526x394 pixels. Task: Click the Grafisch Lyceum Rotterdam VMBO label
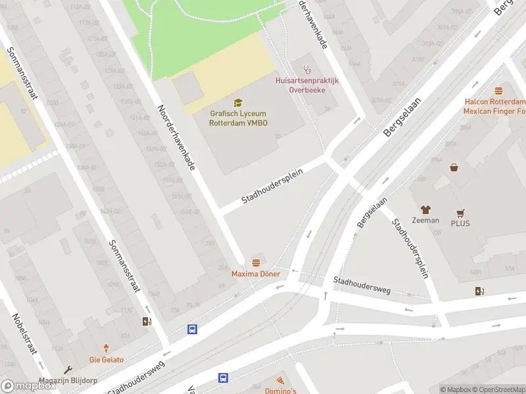[238, 118]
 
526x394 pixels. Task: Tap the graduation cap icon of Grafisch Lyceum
[238, 102]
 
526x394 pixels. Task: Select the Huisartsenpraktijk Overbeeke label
[306, 85]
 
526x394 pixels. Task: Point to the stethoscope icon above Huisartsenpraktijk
[306, 69]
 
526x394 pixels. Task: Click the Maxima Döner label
[256, 274]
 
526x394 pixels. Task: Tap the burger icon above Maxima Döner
[256, 262]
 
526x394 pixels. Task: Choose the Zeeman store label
[425, 221]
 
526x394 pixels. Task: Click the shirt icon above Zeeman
[425, 209]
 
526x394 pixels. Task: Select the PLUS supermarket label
[461, 223]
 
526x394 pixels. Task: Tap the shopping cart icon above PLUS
[461, 213]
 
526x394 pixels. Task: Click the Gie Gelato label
[107, 360]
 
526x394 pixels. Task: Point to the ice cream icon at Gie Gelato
[107, 349]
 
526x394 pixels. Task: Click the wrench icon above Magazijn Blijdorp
[66, 370]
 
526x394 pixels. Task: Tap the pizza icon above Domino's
[281, 381]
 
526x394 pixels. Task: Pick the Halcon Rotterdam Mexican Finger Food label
[494, 106]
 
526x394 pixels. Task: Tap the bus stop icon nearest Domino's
[224, 378]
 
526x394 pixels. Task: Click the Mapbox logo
[28, 386]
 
